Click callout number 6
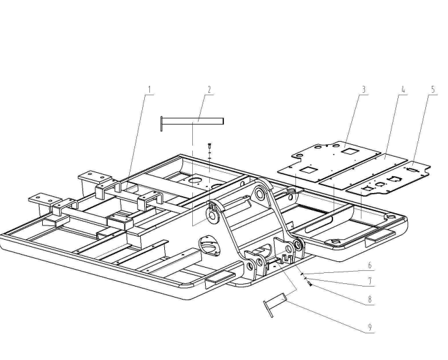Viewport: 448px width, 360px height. [x=369, y=266]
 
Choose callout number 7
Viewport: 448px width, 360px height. [x=369, y=283]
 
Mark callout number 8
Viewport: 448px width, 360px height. [x=369, y=300]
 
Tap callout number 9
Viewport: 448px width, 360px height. [x=369, y=326]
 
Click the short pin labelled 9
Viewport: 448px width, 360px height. [x=275, y=302]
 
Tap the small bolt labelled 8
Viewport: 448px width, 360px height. [x=310, y=283]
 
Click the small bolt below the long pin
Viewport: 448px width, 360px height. [x=210, y=146]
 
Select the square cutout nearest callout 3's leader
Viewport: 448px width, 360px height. [x=349, y=151]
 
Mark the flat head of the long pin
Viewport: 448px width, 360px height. [x=163, y=123]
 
